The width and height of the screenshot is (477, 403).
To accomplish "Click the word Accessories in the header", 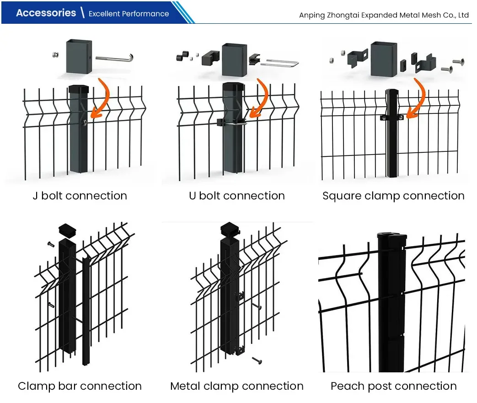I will (x=46, y=13).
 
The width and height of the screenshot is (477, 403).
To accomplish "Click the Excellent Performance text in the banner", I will (x=129, y=14).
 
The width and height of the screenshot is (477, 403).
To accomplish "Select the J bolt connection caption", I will (x=80, y=196).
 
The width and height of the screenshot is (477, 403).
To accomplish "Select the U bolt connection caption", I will (x=236, y=196).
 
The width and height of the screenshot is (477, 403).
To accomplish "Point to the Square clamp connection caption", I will (x=393, y=196).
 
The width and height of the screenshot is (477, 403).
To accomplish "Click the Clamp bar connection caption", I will (x=80, y=386).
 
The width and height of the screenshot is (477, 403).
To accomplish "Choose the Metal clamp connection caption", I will (x=236, y=386).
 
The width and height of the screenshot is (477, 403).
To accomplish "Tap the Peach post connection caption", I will (x=393, y=386).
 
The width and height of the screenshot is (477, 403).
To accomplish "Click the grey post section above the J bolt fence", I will (x=79, y=56).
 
